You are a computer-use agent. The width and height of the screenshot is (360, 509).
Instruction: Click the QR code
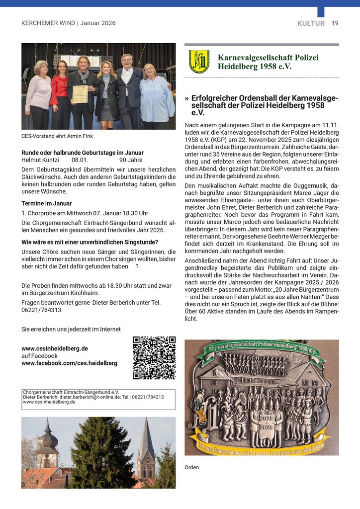pos(154,358)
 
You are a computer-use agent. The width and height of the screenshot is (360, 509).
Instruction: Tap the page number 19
pos(335,23)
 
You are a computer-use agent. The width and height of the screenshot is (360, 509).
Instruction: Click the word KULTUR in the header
pos(311,23)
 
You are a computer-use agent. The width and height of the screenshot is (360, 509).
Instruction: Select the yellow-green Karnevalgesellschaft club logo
pos(199,62)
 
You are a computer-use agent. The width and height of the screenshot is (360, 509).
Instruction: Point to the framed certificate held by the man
pos(80,93)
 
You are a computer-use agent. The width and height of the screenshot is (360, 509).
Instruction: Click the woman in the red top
pos(61,94)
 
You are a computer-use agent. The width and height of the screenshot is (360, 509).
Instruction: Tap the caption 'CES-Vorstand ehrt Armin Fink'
pos(57,136)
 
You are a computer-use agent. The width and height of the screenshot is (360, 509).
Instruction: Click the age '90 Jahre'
pos(131,160)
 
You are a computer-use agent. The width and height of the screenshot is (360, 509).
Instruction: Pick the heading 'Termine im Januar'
pos(47,203)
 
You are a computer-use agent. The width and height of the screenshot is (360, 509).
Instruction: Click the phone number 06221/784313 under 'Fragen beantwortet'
pos(41,310)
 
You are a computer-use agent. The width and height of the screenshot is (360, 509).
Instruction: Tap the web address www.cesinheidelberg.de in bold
pos(55,348)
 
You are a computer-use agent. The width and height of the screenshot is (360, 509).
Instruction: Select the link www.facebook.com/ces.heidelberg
pos(70,363)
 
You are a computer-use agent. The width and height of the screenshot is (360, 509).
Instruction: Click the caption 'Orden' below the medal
pos(191,467)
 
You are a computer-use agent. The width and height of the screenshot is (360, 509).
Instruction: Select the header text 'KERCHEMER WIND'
pos(49,23)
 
